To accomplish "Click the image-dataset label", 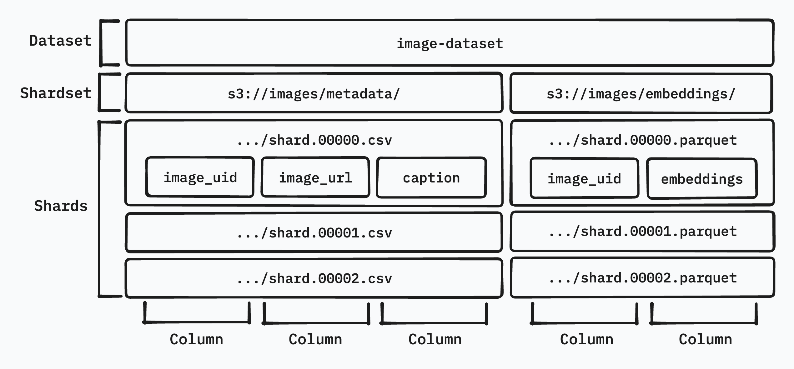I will (450, 43).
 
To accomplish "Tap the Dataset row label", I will (60, 41).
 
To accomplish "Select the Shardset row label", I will (56, 93).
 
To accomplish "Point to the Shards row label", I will (61, 206).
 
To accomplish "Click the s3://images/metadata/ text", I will (314, 94).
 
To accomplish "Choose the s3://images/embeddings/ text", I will (641, 94).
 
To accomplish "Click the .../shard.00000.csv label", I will (314, 140).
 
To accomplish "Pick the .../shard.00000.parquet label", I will (643, 140).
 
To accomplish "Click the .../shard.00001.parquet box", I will (643, 232).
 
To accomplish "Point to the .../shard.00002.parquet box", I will (643, 278).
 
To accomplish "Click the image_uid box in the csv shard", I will (200, 177).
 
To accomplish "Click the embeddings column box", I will (702, 179).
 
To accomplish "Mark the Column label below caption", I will (435, 339).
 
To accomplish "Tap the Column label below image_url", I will (315, 339).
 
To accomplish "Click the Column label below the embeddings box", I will (705, 339).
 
